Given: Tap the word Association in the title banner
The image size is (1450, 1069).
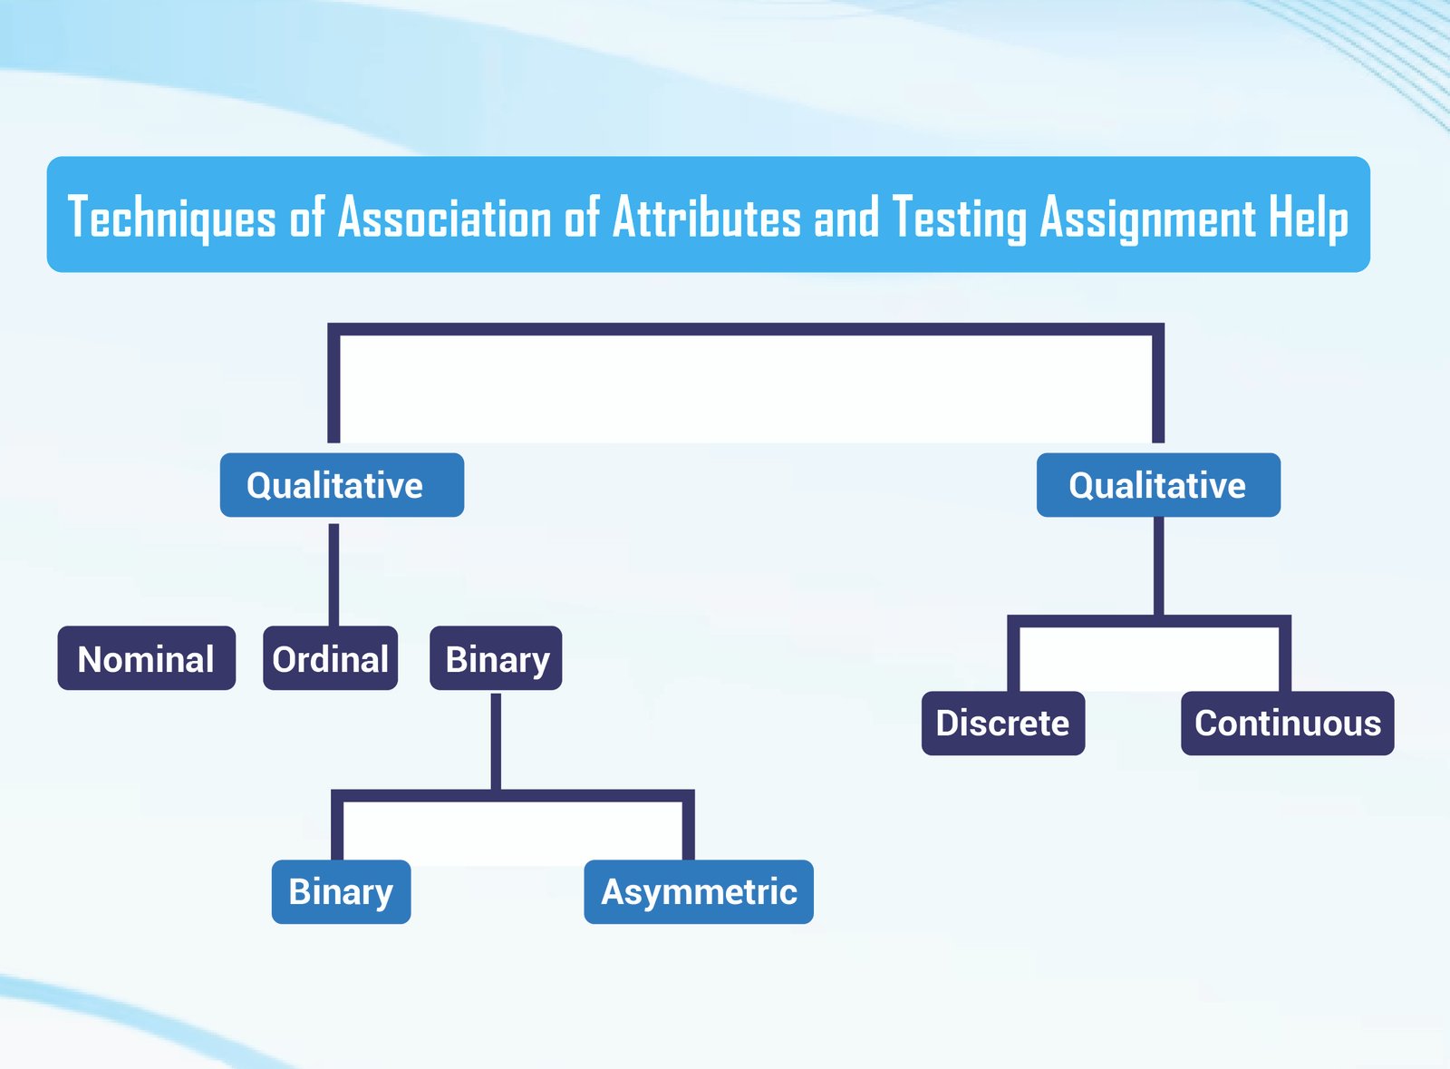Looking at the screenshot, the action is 445,217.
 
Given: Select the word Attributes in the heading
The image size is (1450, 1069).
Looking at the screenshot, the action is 707,217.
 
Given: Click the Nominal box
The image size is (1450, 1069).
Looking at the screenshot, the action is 146,658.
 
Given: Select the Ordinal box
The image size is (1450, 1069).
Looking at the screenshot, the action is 330,658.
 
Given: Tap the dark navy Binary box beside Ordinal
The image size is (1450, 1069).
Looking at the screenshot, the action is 496,658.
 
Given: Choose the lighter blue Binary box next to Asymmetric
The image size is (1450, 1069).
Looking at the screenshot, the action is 341,891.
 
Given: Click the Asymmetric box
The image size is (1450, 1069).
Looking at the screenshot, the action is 699,891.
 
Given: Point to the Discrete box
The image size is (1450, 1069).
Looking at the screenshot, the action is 1003,724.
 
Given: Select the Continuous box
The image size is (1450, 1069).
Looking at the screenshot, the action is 1288,724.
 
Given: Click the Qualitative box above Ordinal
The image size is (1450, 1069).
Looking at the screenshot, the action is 342,485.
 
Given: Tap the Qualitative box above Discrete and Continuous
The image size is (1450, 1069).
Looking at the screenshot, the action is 1159,485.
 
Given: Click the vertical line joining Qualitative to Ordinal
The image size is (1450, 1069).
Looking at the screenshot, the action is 334,574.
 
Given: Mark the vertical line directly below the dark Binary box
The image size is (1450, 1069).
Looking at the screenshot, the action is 496,742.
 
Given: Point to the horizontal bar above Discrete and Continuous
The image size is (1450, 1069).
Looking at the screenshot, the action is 1149,621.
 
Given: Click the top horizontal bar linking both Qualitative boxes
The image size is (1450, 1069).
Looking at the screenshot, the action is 746,329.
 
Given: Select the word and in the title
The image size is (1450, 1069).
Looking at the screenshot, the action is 846,217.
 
